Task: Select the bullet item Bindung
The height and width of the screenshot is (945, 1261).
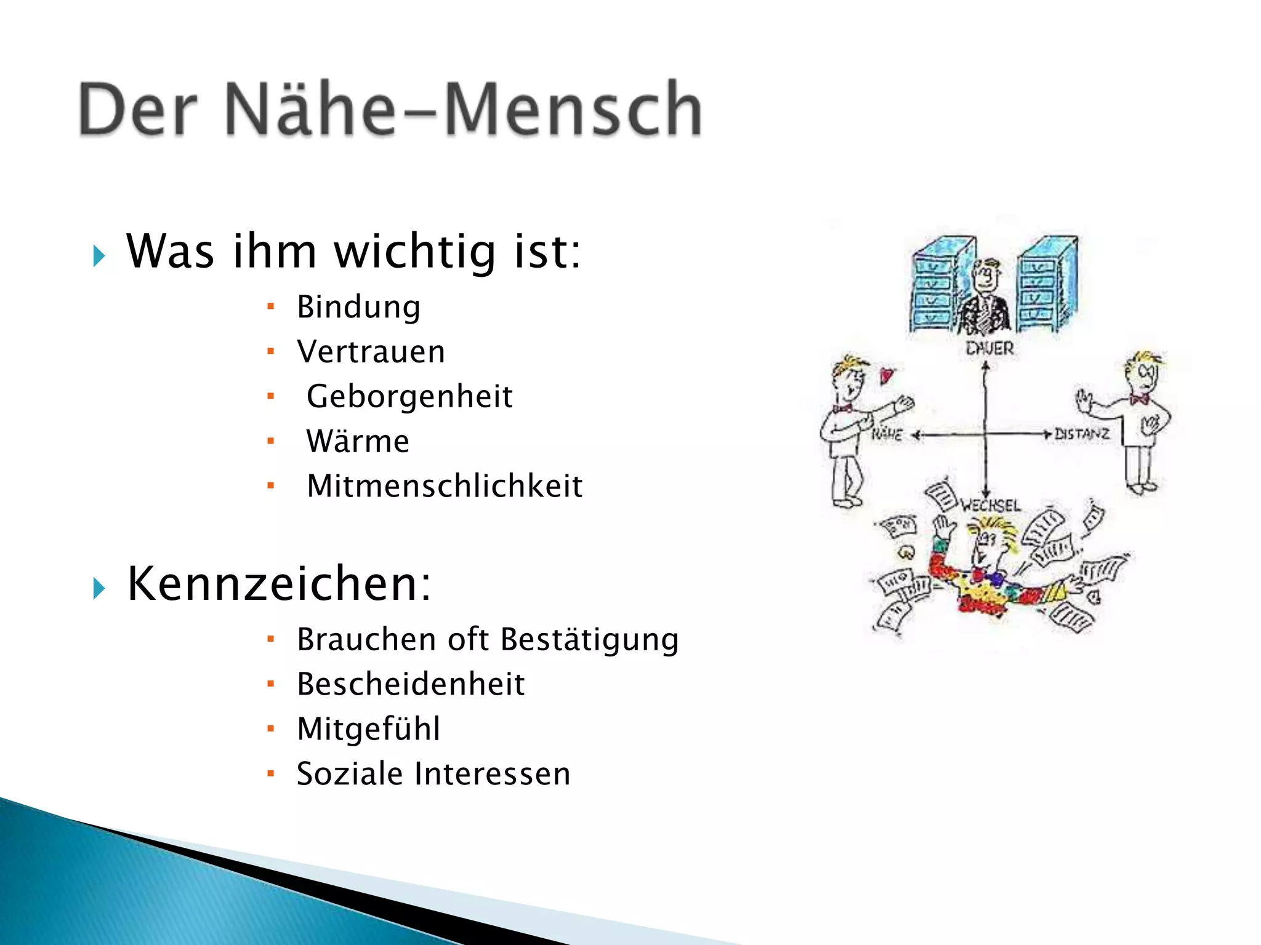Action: point(358,307)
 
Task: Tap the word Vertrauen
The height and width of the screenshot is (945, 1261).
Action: point(371,352)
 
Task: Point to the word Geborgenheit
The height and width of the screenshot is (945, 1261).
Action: point(409,396)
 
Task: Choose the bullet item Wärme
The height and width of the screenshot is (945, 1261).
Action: point(358,441)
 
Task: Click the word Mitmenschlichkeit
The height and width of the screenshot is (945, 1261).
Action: point(445,486)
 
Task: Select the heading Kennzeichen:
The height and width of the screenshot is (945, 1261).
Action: point(279,584)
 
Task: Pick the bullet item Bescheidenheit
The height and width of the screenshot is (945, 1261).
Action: point(411,684)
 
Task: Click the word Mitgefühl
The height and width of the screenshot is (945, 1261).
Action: point(368,729)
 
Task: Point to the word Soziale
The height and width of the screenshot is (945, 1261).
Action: point(350,774)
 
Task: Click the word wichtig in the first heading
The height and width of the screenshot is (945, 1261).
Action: point(414,252)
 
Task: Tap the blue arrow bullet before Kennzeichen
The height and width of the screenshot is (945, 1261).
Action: point(99,589)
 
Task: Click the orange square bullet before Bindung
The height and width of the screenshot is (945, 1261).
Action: point(270,306)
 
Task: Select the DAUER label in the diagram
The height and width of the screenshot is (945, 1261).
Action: point(989,349)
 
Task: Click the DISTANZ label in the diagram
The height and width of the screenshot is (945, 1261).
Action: point(1082,434)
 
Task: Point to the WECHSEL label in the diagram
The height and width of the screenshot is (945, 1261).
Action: point(991,506)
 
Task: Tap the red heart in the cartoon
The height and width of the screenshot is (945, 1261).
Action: point(885,375)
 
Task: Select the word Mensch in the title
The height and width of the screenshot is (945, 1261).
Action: point(573,110)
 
